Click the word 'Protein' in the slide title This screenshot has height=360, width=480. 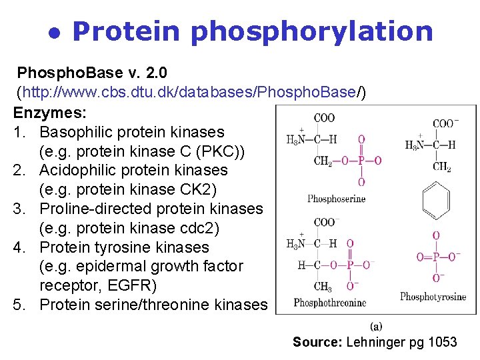[x=126, y=31]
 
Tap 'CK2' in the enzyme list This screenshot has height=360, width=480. [x=197, y=190]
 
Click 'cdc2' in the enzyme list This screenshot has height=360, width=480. [x=201, y=229]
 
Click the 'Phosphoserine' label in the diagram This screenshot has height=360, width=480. [x=337, y=199]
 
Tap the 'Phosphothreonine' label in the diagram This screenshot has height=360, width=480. [x=330, y=303]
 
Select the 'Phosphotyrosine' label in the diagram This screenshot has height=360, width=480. [x=433, y=297]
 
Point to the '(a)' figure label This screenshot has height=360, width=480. [x=375, y=326]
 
